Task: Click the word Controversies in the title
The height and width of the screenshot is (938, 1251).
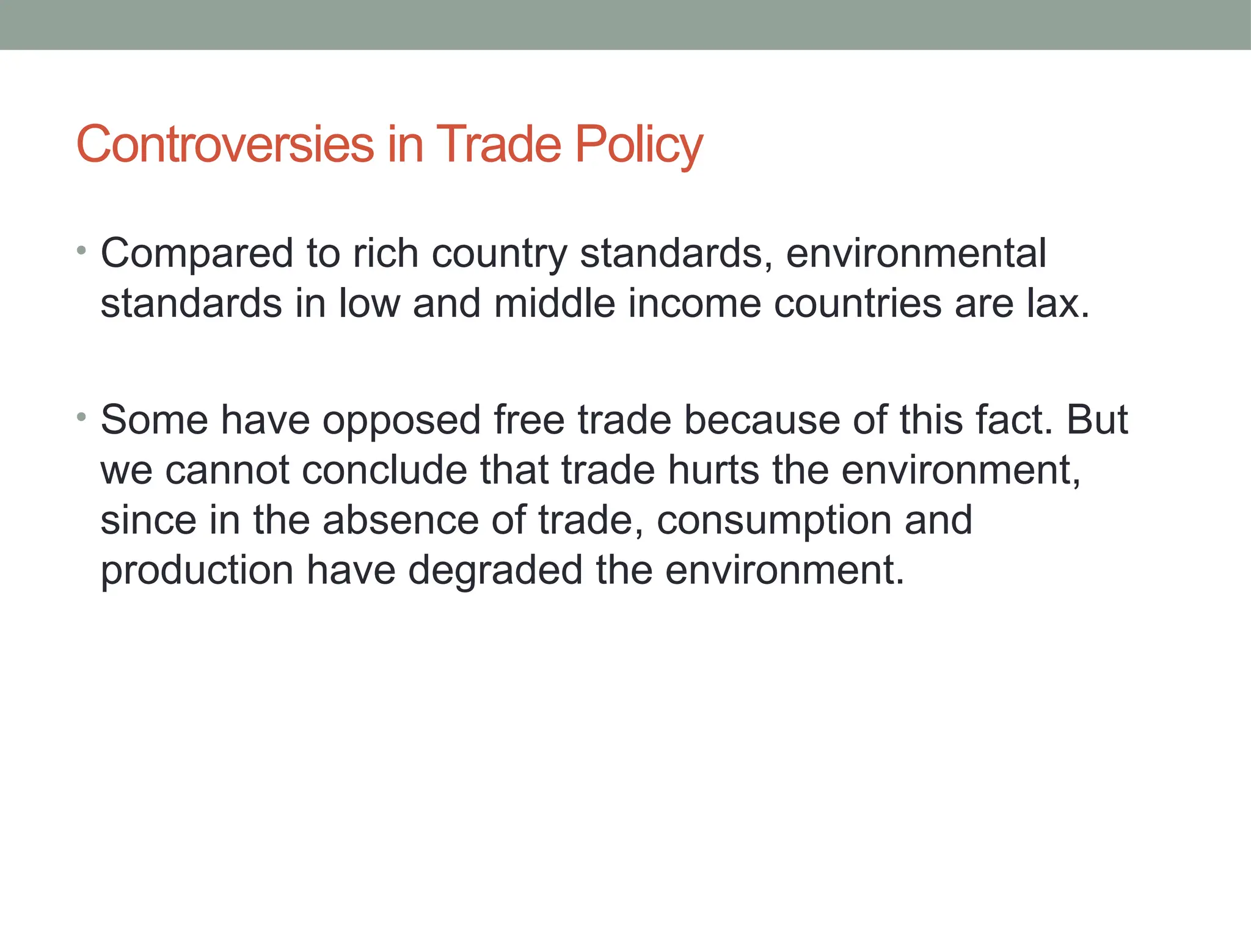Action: pyautogui.click(x=225, y=144)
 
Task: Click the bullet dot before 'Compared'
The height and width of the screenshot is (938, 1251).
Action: pyautogui.click(x=81, y=250)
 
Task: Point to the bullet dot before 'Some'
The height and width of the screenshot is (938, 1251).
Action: pyautogui.click(x=81, y=417)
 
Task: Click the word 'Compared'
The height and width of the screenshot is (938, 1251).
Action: pyautogui.click(x=197, y=253)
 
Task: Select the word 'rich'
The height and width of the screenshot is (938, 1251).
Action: pyautogui.click(x=385, y=253)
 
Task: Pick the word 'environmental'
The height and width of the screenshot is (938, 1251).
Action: pyautogui.click(x=916, y=253)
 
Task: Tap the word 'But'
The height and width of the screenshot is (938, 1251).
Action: pyautogui.click(x=1097, y=420)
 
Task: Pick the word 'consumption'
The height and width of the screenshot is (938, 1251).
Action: pyautogui.click(x=773, y=522)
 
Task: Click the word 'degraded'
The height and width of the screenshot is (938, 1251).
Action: pyautogui.click(x=495, y=570)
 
